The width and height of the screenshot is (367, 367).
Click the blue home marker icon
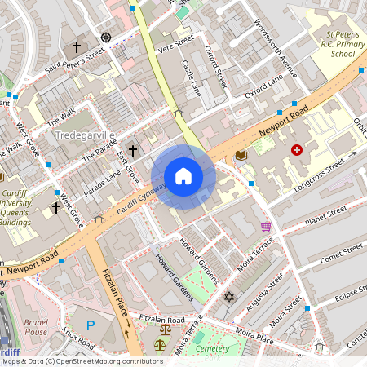coord(183,176)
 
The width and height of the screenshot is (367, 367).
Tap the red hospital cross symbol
coord(296,150)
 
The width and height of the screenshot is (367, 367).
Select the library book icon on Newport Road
coord(241,154)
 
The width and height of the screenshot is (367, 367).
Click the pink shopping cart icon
coord(266,226)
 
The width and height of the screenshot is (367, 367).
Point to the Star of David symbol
coord(228,296)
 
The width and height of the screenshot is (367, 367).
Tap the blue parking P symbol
coord(91,325)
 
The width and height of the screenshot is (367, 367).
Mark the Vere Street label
coord(176,44)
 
